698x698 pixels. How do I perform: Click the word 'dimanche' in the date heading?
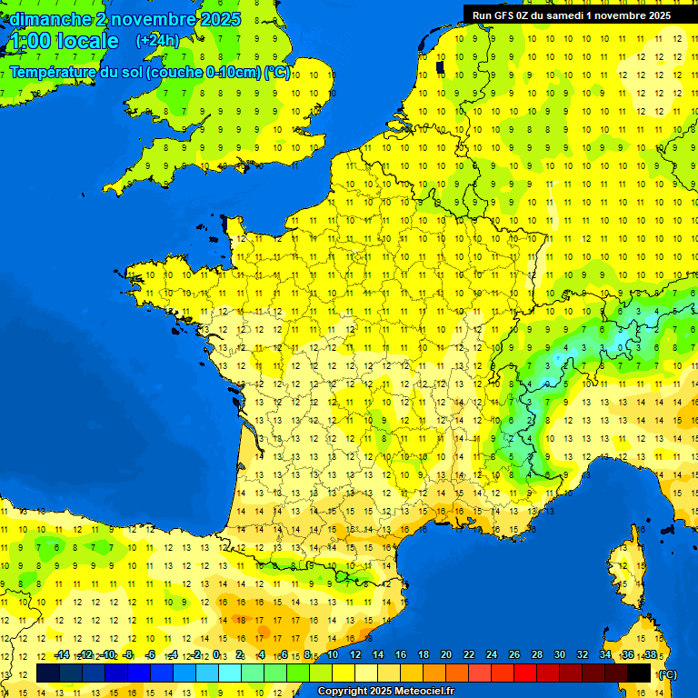tap(47, 19)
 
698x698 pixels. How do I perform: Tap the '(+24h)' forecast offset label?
tap(157, 41)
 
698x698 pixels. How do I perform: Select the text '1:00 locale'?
tap(65, 41)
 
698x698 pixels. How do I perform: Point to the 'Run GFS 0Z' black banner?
tap(571, 15)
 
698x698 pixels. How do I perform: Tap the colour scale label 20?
tap(445, 654)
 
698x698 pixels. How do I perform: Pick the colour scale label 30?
tap(559, 654)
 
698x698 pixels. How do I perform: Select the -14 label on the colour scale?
tap(62, 654)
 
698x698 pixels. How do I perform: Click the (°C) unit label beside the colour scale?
tap(667, 674)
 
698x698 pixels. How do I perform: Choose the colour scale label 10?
tap(333, 654)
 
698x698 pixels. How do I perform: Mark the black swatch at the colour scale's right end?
tap(639, 673)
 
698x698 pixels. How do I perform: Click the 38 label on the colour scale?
tap(650, 654)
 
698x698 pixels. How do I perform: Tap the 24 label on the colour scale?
tap(492, 654)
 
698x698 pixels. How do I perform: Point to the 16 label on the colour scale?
tap(401, 654)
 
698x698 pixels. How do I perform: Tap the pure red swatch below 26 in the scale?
tap(525, 673)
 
